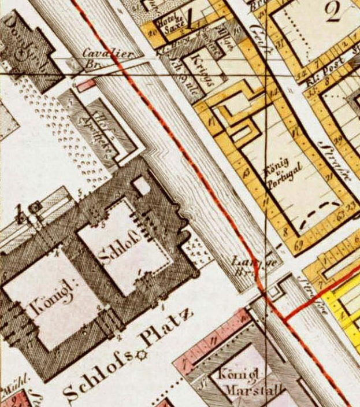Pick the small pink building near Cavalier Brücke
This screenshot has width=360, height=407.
86,85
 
